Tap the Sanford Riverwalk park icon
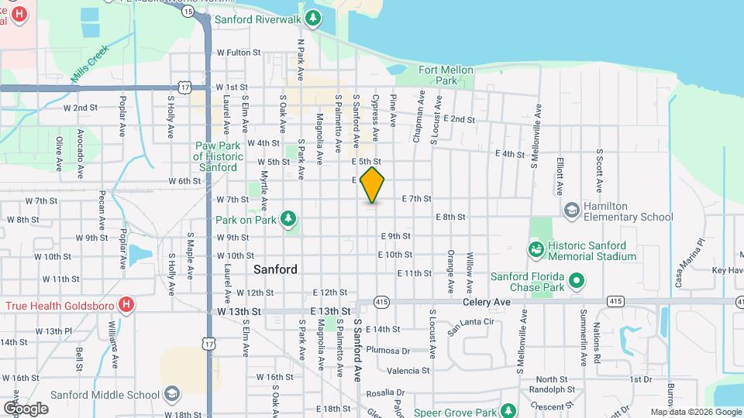click(313, 17)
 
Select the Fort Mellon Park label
click(446, 75)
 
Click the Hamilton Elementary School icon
click(571, 210)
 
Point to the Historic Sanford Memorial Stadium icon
click(535, 248)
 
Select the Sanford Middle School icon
click(170, 394)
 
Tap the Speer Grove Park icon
click(508, 410)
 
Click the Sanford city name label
click(275, 269)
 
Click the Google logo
click(26, 408)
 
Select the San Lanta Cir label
click(470, 321)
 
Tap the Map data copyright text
click(695, 412)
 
